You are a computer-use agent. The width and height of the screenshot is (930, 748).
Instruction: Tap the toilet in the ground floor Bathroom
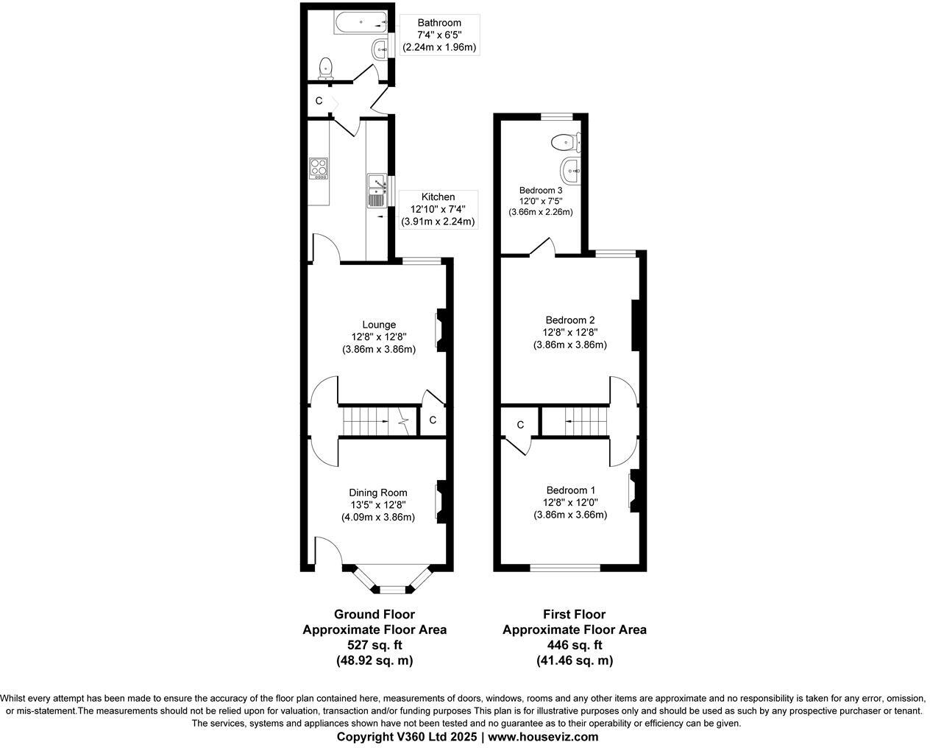click(x=325, y=69)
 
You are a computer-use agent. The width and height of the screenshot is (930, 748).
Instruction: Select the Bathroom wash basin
click(x=379, y=50)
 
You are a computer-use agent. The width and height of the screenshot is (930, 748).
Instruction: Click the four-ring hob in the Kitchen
click(x=319, y=169)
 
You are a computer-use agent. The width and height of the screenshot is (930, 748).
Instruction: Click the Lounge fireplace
click(x=440, y=329)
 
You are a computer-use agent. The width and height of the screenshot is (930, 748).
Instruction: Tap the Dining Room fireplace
click(x=440, y=499)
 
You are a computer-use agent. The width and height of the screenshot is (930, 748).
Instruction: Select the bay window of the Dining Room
click(x=391, y=582)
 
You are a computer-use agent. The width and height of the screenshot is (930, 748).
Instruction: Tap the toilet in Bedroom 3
click(x=566, y=140)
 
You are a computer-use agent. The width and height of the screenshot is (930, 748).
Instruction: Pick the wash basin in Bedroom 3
click(x=569, y=171)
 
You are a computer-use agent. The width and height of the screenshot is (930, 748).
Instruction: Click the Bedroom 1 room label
click(x=570, y=490)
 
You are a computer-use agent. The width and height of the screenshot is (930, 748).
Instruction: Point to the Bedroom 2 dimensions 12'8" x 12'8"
click(x=570, y=332)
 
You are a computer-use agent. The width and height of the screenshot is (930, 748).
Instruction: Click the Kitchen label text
click(x=438, y=197)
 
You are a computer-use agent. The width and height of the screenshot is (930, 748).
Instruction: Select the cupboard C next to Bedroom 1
click(x=520, y=425)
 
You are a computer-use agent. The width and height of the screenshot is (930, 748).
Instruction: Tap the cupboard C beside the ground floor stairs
click(x=433, y=420)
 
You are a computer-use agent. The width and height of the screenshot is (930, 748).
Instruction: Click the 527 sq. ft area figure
click(x=375, y=645)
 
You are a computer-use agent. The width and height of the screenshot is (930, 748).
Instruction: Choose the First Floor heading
click(x=574, y=614)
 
